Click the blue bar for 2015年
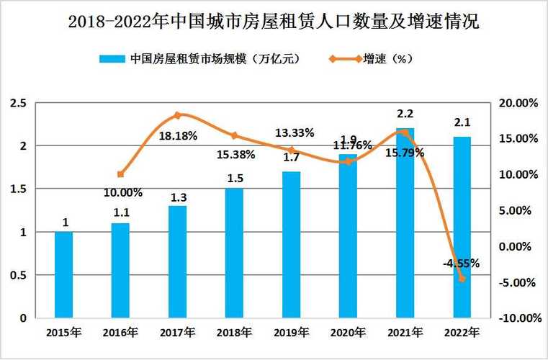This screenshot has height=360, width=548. [64, 275]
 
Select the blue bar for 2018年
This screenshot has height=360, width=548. [235, 253]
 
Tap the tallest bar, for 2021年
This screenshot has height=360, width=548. [405, 223]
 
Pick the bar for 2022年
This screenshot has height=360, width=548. [462, 228]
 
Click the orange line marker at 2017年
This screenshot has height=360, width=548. [178, 115]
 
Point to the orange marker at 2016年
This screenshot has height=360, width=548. [121, 174]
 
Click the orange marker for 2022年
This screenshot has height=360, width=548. [462, 279]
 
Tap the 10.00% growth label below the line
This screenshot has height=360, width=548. [123, 193]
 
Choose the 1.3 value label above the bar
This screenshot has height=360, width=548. [178, 197]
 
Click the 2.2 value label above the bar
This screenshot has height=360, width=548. [405, 113]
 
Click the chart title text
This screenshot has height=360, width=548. [274, 22]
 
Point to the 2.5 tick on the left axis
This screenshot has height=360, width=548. [19, 104]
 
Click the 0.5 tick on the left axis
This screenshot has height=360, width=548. [19, 275]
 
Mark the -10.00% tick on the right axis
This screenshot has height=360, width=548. [517, 318]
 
